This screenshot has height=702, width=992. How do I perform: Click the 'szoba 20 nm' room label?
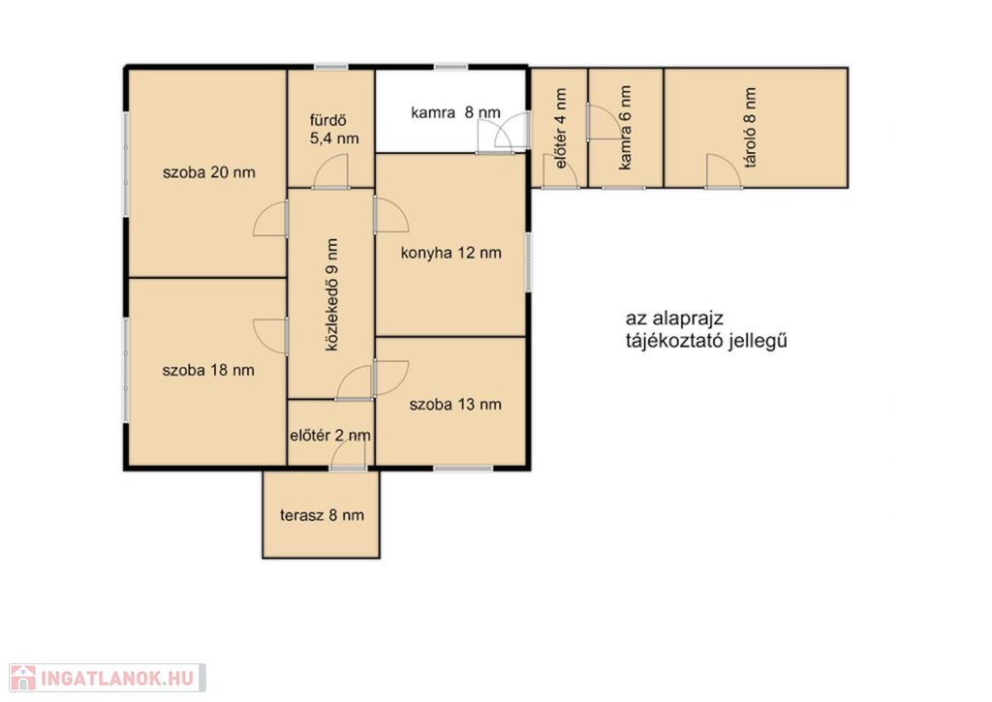pos(209,172)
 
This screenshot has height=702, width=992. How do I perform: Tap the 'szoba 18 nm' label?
pos(208,371)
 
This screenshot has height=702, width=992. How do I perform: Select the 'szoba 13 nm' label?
pos(455,405)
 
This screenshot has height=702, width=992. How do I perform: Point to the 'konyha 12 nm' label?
pos(451,253)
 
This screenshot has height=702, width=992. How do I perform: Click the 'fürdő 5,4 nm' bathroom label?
pos(334,130)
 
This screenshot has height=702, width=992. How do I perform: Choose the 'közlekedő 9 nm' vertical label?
pos(331,294)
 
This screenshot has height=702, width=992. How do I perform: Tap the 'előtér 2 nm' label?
pos(330,436)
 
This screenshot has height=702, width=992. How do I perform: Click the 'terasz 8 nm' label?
pos(322,515)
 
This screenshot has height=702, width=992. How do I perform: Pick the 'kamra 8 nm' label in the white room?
pos(455,112)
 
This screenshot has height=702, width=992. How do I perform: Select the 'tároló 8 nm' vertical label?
pos(751,127)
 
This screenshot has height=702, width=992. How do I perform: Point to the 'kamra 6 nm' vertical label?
pos(625,128)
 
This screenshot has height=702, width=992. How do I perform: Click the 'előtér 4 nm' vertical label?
pos(561,129)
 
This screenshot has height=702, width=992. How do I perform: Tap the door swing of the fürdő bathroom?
pos(330,171)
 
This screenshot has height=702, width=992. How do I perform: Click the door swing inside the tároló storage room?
pos(724,170)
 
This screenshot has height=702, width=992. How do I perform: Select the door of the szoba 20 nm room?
pos(271,219)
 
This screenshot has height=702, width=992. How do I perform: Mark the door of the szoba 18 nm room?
pos(271,337)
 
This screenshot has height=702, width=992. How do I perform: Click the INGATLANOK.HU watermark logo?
pos(108,678)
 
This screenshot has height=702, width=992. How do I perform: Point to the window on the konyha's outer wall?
pos(529,261)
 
